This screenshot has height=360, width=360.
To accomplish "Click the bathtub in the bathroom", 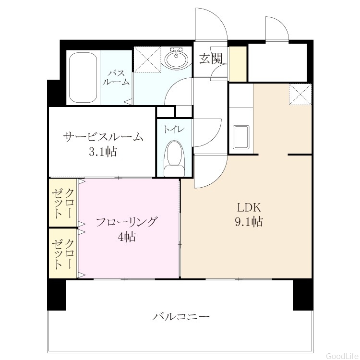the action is (83, 78).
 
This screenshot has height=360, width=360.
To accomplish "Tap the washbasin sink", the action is (176, 59).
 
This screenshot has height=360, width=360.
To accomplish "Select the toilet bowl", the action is (175, 158).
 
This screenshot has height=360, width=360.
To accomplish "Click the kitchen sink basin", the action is (241, 137).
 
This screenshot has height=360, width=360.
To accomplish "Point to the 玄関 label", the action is (211, 58).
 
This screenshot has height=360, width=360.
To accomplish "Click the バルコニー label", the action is (181, 317).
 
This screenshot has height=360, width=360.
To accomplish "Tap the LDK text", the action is (249, 208).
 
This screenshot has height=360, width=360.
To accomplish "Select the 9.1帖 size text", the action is (249, 222).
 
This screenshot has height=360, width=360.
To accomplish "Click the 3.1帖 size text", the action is (103, 152).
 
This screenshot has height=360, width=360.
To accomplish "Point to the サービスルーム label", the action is (103, 137).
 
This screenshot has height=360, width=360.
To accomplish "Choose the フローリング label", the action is (127, 222).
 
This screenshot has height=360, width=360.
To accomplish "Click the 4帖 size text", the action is (127, 237).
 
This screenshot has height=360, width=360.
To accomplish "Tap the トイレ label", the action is (174, 130).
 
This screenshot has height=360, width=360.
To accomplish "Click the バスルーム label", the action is (116, 78).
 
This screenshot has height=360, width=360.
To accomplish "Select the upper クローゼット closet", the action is (63, 203).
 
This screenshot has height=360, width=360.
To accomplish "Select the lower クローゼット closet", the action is (63, 253).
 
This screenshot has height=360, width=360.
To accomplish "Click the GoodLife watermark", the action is (343, 356).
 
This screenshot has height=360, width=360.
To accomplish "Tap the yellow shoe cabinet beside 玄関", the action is (238, 64).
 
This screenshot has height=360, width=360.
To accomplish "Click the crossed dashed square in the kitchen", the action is (300, 95).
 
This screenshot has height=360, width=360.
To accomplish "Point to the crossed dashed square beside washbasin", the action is (147, 60).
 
